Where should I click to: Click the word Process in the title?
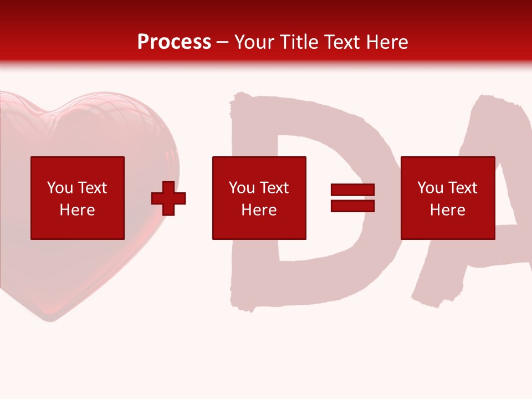coord(174,42)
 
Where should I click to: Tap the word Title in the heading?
coord(295,42)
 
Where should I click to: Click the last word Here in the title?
coord(387,42)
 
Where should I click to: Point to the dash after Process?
coord(223,43)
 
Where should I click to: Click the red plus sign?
coord(168,198)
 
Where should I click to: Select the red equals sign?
coord(352,198)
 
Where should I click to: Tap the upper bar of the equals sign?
coord(352,190)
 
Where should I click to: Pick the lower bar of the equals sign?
coord(352,206)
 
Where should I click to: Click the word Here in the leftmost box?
coord(78,210)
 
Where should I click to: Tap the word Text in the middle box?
coord(274,188)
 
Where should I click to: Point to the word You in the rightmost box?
coord(430,188)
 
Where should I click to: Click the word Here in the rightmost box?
coord(448,210)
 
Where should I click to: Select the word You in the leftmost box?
coord(60,188)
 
